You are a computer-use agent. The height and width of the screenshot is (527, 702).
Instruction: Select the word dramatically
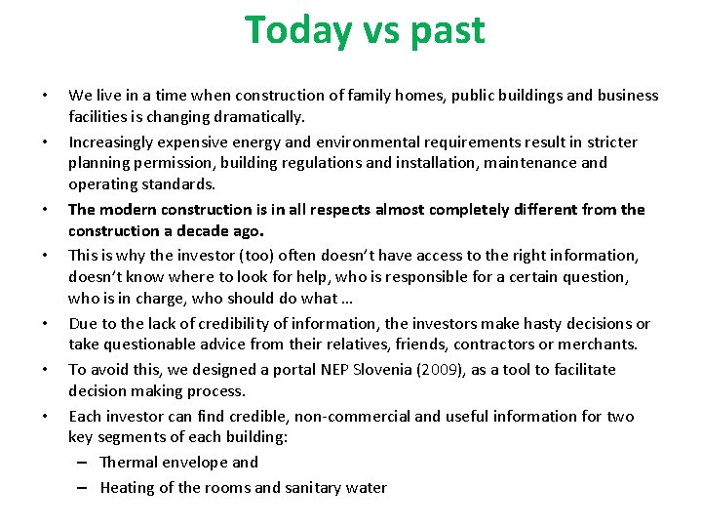(257, 117)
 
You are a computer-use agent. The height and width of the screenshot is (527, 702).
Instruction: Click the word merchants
(599, 345)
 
